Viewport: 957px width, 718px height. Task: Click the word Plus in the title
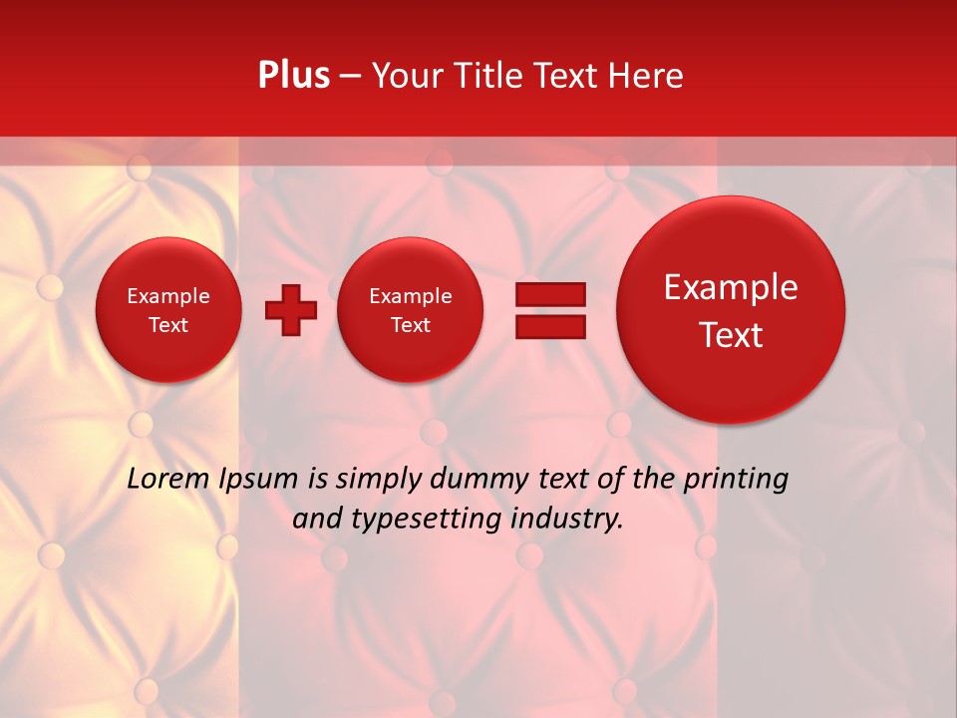[294, 76]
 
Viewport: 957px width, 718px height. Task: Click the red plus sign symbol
[290, 310]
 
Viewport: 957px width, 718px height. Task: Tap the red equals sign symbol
[550, 310]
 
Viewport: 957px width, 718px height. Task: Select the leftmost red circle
[168, 310]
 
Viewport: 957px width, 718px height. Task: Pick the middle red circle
[411, 310]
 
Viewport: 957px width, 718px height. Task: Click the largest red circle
[731, 310]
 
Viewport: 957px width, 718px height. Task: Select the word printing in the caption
[736, 479]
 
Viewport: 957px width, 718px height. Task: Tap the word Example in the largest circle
[731, 287]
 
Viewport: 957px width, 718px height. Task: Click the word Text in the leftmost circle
[168, 325]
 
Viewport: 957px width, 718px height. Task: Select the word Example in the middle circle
[411, 296]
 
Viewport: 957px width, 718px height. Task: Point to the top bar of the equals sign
[550, 294]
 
